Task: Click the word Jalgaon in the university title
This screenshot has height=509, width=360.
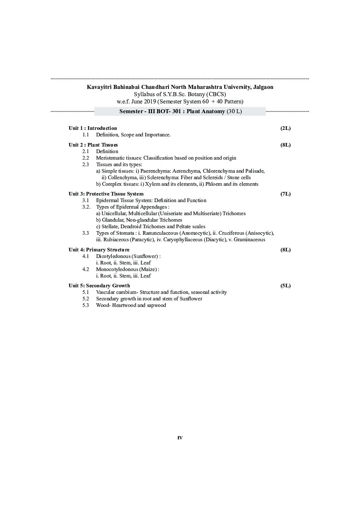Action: [262, 87]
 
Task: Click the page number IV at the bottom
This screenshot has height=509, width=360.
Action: [180, 438]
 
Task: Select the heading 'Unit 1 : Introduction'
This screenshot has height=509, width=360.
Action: [93, 128]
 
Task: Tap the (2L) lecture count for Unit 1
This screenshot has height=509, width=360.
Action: [286, 128]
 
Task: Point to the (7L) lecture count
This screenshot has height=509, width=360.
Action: [286, 194]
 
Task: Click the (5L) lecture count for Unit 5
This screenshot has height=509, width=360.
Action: [286, 286]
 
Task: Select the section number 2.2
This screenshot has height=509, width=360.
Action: [86, 158]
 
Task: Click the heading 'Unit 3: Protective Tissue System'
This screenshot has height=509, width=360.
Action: [106, 194]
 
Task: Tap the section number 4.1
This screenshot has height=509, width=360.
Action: [86, 256]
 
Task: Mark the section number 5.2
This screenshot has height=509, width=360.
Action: [86, 299]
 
